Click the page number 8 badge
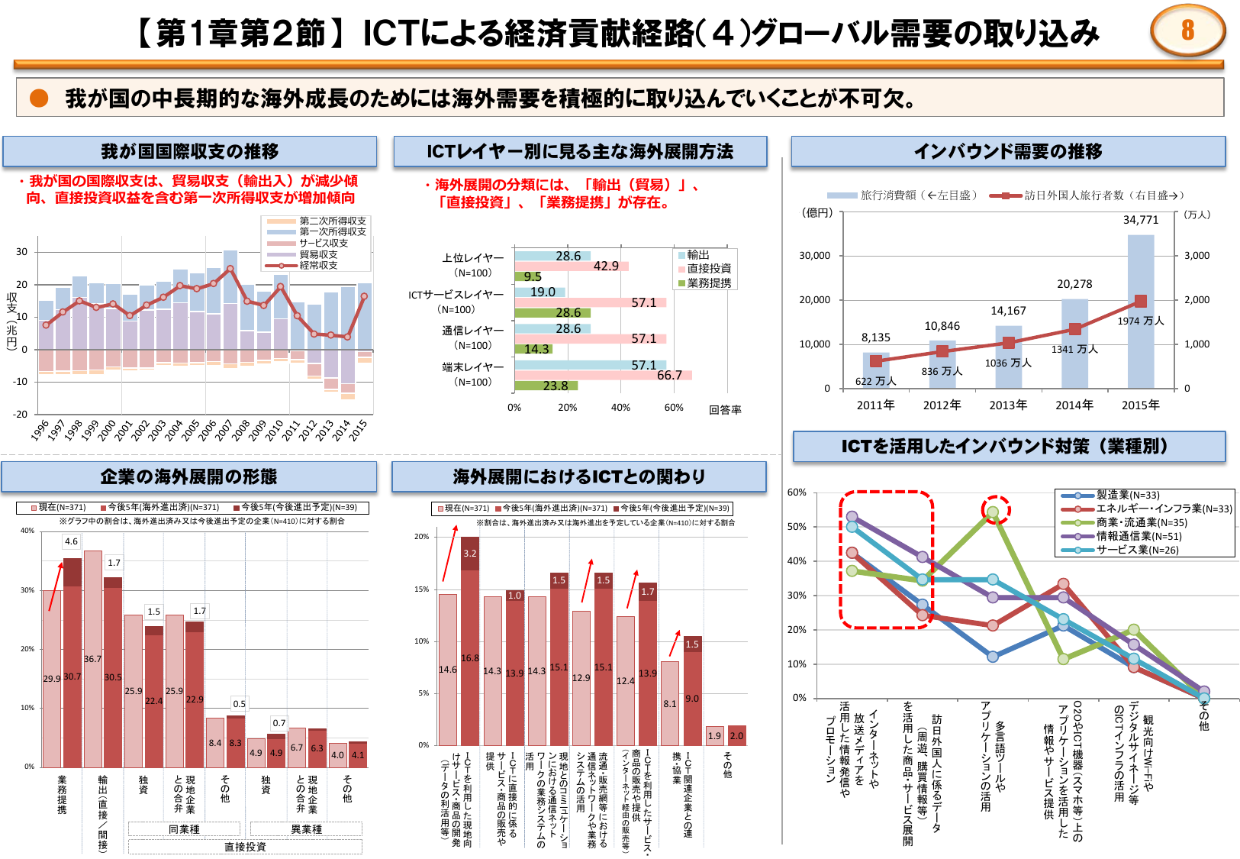pyautogui.click(x=1187, y=31)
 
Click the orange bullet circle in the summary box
pyautogui.click(x=39, y=98)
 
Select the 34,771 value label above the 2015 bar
pyautogui.click(x=1140, y=220)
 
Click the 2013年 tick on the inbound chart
pyautogui.click(x=1008, y=405)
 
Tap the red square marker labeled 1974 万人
pyautogui.click(x=1140, y=302)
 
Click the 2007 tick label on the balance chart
pyautogui.click(x=224, y=431)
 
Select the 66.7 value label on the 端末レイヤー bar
pyautogui.click(x=669, y=375)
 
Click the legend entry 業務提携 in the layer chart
pyautogui.click(x=708, y=283)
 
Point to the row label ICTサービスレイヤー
pyautogui.click(x=456, y=295)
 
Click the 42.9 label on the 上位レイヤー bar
pyautogui.click(x=606, y=266)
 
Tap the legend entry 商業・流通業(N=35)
pyautogui.click(x=1142, y=522)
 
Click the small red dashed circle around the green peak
pyautogui.click(x=995, y=509)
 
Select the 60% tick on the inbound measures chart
pyautogui.click(x=797, y=492)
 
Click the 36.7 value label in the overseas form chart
pyautogui.click(x=92, y=659)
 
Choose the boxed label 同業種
pyautogui.click(x=184, y=829)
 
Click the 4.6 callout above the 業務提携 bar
pyautogui.click(x=71, y=541)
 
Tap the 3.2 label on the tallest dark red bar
pyautogui.click(x=470, y=554)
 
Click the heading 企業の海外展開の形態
pyautogui.click(x=188, y=477)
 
